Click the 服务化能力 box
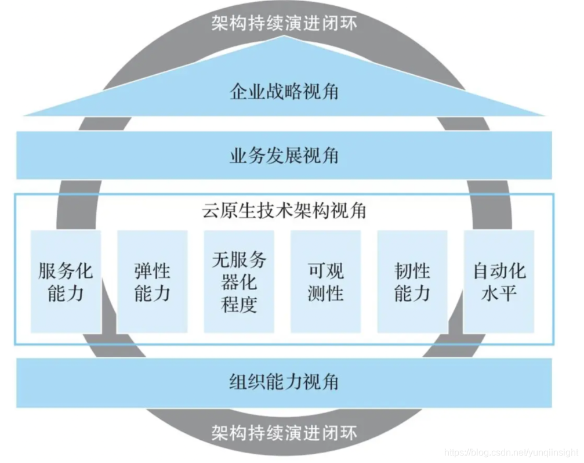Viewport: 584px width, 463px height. pyautogui.click(x=66, y=282)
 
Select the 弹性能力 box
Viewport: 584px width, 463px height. pyautogui.click(x=152, y=282)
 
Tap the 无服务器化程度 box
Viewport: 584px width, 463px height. pyautogui.click(x=238, y=282)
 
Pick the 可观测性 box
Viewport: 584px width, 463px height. pyautogui.click(x=325, y=282)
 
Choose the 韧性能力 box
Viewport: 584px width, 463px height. pyautogui.click(x=412, y=282)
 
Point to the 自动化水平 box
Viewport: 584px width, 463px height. pyautogui.click(x=498, y=282)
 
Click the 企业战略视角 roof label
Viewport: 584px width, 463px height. pyautogui.click(x=284, y=92)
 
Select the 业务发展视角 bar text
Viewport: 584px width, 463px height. pyautogui.click(x=284, y=155)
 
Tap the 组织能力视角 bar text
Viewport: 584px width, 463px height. pyautogui.click(x=284, y=382)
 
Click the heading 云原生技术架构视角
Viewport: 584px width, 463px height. pyautogui.click(x=284, y=211)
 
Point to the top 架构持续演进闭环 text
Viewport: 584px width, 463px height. pyautogui.click(x=284, y=24)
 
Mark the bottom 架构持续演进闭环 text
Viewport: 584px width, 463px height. pyautogui.click(x=284, y=432)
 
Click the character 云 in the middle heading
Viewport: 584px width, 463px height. pyautogui.click(x=211, y=211)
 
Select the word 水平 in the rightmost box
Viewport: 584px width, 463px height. pyautogui.click(x=498, y=293)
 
